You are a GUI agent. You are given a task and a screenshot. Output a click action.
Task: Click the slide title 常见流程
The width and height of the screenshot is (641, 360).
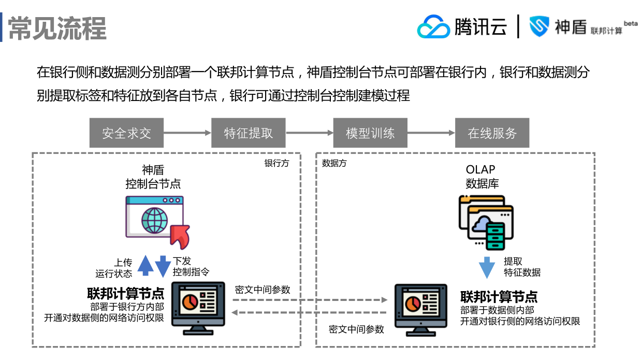[x=57, y=27]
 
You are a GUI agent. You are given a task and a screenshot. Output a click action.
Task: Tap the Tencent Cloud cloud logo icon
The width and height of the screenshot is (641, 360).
[x=433, y=26]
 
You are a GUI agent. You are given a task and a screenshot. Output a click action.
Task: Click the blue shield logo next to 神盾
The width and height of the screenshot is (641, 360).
[x=538, y=26]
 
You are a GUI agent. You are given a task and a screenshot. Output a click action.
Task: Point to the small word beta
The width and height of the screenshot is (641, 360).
[x=630, y=23]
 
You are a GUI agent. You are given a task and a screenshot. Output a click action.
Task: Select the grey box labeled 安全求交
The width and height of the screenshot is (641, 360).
[x=126, y=133]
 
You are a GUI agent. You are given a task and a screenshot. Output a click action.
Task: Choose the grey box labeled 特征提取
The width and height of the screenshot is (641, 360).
[x=248, y=133]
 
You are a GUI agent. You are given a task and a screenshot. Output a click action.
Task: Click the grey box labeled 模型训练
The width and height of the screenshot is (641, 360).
[x=370, y=133]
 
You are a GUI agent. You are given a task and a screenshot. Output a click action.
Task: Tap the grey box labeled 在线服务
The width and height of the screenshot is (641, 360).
[x=492, y=133]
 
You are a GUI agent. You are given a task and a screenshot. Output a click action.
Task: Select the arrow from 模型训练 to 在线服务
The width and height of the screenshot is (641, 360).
[x=431, y=133]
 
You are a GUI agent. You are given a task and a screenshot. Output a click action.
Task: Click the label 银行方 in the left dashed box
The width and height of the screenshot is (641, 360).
[x=277, y=163]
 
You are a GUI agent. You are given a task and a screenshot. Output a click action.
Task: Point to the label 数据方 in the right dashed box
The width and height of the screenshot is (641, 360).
[x=334, y=163]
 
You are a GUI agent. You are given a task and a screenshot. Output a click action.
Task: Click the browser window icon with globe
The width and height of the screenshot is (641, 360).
[x=154, y=218]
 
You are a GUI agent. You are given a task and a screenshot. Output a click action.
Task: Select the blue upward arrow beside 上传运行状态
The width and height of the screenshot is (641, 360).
[x=145, y=265]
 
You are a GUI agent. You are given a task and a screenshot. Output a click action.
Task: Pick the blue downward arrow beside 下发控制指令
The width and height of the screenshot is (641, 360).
[x=163, y=266]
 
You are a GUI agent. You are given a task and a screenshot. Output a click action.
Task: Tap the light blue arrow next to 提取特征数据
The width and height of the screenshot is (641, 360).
[x=487, y=267]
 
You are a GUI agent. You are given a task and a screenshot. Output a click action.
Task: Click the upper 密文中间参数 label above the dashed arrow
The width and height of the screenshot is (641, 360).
[x=263, y=290]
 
